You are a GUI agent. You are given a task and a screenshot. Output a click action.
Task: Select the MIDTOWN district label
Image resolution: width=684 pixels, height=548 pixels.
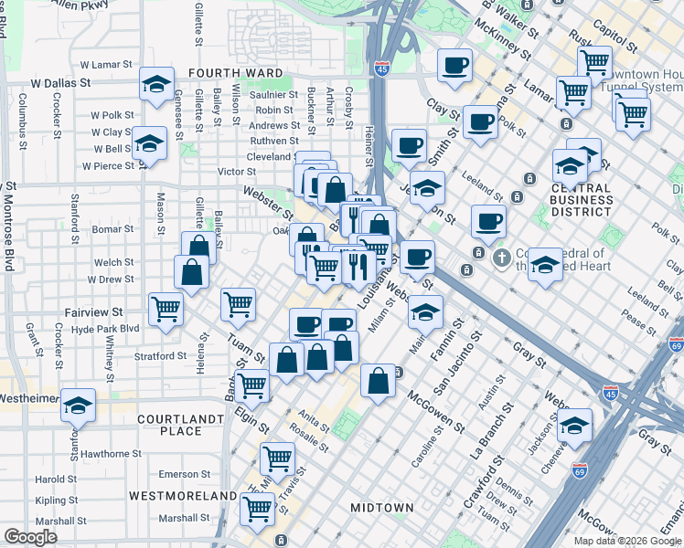(x=382, y=507)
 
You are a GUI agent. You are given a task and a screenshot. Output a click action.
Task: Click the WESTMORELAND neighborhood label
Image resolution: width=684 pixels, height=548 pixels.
(x=183, y=495)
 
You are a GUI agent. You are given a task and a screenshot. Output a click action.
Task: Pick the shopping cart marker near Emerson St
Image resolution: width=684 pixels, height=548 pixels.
(x=276, y=457)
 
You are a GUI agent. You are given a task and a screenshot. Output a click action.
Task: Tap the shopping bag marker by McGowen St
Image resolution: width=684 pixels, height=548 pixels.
(x=378, y=379)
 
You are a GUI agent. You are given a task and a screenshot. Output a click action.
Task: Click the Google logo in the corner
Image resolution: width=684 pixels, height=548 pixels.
(x=30, y=537)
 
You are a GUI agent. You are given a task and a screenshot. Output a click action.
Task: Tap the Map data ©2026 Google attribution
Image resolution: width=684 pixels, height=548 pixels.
(x=627, y=541)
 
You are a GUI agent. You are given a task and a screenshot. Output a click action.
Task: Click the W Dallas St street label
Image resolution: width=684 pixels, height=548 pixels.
(x=59, y=82)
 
